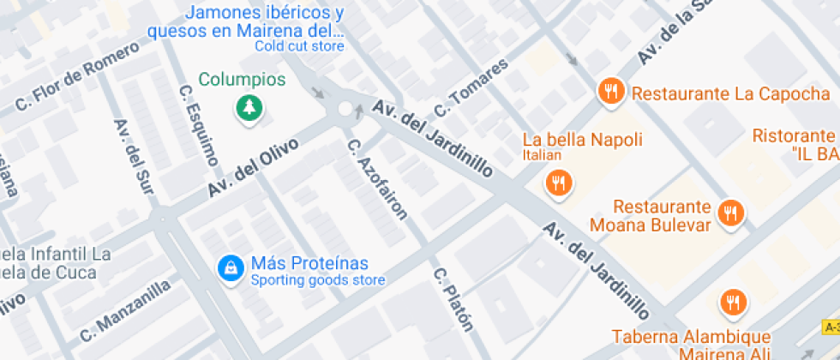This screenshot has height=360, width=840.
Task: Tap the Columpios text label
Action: click(x=242, y=80)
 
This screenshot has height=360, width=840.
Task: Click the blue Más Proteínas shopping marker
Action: click(x=230, y=267)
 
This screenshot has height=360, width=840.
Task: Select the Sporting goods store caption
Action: click(x=317, y=280)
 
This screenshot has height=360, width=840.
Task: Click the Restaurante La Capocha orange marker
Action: click(x=610, y=91)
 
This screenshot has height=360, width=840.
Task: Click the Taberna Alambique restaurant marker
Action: click(x=733, y=302)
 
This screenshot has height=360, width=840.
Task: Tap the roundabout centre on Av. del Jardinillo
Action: click(x=345, y=109)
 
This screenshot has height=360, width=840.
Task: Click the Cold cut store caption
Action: click(x=299, y=46)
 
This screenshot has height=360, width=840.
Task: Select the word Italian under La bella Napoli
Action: click(x=542, y=155)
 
